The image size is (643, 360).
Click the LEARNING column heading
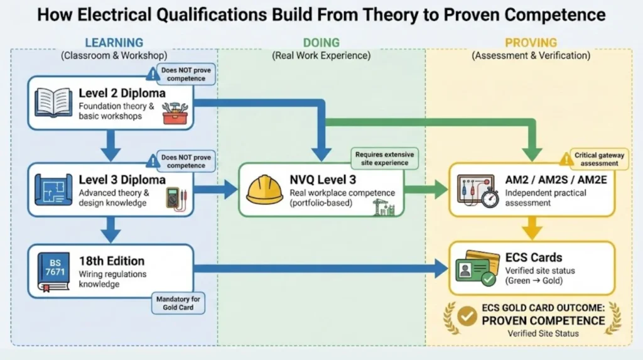[114, 43]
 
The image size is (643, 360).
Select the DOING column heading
[321, 43]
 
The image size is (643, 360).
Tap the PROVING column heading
[531, 43]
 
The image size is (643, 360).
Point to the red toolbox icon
[174, 114]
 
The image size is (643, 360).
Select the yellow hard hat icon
[264, 189]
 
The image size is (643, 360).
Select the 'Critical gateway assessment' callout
[595, 159]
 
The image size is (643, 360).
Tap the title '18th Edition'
[111, 261]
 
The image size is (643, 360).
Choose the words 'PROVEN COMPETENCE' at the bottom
[543, 320]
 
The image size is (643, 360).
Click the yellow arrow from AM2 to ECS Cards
[531, 228]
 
